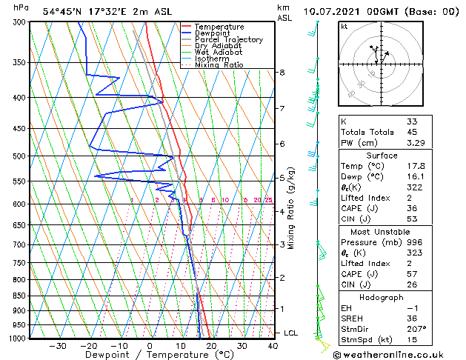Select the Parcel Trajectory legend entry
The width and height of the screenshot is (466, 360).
coord(228,39)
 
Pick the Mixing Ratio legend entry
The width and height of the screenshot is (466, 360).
coord(219,65)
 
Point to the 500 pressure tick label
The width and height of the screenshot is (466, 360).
coord(19,156)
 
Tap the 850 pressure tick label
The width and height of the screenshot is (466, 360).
coord(19,296)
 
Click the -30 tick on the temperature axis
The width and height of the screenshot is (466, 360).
coord(58,346)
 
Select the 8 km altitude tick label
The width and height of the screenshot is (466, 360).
coord(282,73)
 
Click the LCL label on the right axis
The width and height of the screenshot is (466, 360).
coord(290,333)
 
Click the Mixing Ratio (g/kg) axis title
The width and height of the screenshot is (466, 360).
coord(291,208)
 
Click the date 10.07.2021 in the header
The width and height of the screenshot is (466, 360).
coord(333,12)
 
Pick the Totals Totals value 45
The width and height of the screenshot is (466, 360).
coord(412,133)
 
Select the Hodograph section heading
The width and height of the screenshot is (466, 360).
coord(382,297)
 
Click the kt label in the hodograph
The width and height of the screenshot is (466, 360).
coord(344,27)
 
